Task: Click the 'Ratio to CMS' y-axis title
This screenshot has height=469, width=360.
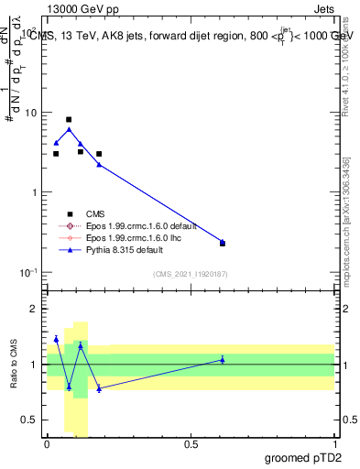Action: click(x=15, y=365)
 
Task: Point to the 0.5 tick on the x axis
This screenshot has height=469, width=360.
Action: click(x=191, y=443)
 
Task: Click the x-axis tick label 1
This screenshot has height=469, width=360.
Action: click(x=334, y=443)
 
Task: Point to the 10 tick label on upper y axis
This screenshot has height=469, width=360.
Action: click(x=32, y=113)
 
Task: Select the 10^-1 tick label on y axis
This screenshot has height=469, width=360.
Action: click(x=30, y=272)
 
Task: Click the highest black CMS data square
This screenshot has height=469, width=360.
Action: click(x=69, y=119)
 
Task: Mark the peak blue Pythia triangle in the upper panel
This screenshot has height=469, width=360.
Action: click(x=69, y=129)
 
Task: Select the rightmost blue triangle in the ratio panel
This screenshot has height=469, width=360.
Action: click(x=223, y=359)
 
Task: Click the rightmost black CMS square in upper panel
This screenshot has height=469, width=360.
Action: click(x=223, y=243)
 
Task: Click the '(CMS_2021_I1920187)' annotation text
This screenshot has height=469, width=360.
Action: click(x=190, y=274)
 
